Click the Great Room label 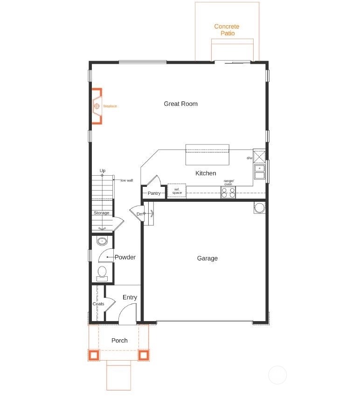pos(180,104)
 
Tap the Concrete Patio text pos(227,30)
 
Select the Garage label pos(207,259)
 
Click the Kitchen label pos(206,173)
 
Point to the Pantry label pos(154,193)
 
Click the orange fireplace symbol pos(97,106)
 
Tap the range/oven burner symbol pos(228,192)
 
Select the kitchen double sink pos(259,172)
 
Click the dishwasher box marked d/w pos(259,156)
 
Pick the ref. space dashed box pos(177,191)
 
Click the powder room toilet pos(102,273)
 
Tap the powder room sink pos(102,241)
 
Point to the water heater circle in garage pos(260,207)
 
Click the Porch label pos(119,341)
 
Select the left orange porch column pos(94,355)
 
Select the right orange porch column pos(144,355)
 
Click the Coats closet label pos(98,304)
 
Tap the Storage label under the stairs pos(101,213)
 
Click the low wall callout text pos(127,180)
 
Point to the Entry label pos(130,297)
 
